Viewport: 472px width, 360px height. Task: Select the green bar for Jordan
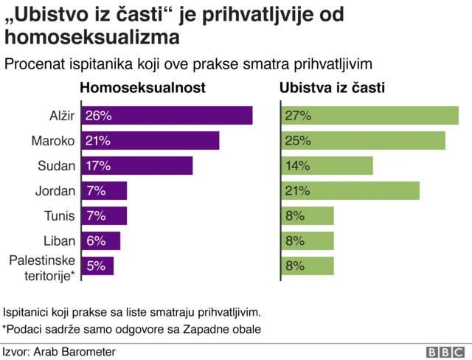pyautogui.click(x=350, y=191)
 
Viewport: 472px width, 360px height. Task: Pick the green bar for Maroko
pyautogui.click(x=364, y=141)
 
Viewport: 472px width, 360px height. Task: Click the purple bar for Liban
pyautogui.click(x=100, y=241)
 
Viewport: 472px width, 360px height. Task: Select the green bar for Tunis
pyautogui.click(x=308, y=216)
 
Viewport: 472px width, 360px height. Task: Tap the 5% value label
pyautogui.click(x=96, y=266)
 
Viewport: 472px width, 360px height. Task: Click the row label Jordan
pyautogui.click(x=55, y=191)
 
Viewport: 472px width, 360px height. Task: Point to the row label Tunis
pyautogui.click(x=59, y=216)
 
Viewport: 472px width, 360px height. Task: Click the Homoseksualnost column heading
pyautogui.click(x=142, y=89)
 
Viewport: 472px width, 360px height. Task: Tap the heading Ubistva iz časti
pyautogui.click(x=333, y=89)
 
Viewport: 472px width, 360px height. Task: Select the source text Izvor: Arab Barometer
pyautogui.click(x=59, y=352)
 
